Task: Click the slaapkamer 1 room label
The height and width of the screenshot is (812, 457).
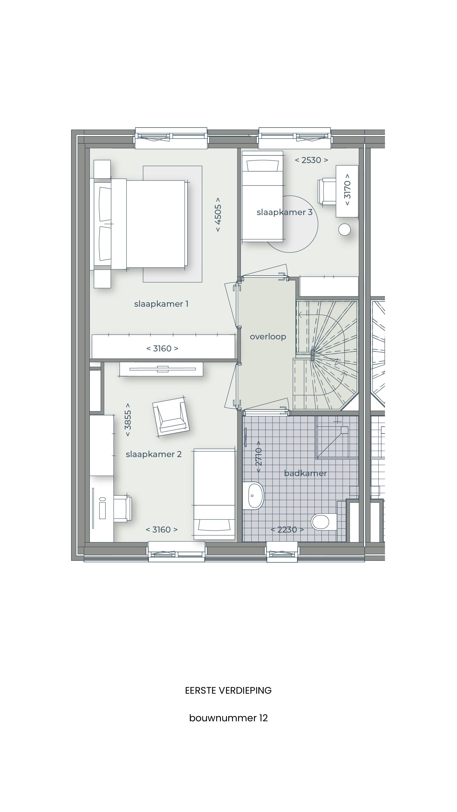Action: (x=161, y=304)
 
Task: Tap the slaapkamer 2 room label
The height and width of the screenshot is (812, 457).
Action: (x=154, y=454)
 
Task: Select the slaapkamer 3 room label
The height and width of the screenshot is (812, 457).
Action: (x=284, y=212)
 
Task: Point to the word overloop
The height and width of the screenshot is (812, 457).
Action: (x=268, y=337)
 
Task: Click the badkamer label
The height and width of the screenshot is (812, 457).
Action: (x=305, y=473)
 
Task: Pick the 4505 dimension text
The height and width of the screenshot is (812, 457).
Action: (x=218, y=215)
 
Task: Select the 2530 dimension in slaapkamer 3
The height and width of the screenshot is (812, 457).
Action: (x=311, y=160)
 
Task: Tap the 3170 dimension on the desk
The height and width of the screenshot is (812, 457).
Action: (x=348, y=189)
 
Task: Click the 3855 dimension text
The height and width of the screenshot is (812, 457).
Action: (x=128, y=420)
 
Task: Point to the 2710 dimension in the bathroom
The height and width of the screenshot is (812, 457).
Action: (x=259, y=456)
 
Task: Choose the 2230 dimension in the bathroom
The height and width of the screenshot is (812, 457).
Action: (x=287, y=529)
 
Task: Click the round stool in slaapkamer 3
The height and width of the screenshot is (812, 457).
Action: (x=344, y=230)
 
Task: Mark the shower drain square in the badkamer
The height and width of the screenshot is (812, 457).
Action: (x=344, y=430)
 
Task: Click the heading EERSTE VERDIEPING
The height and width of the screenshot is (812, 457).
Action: (x=228, y=691)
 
